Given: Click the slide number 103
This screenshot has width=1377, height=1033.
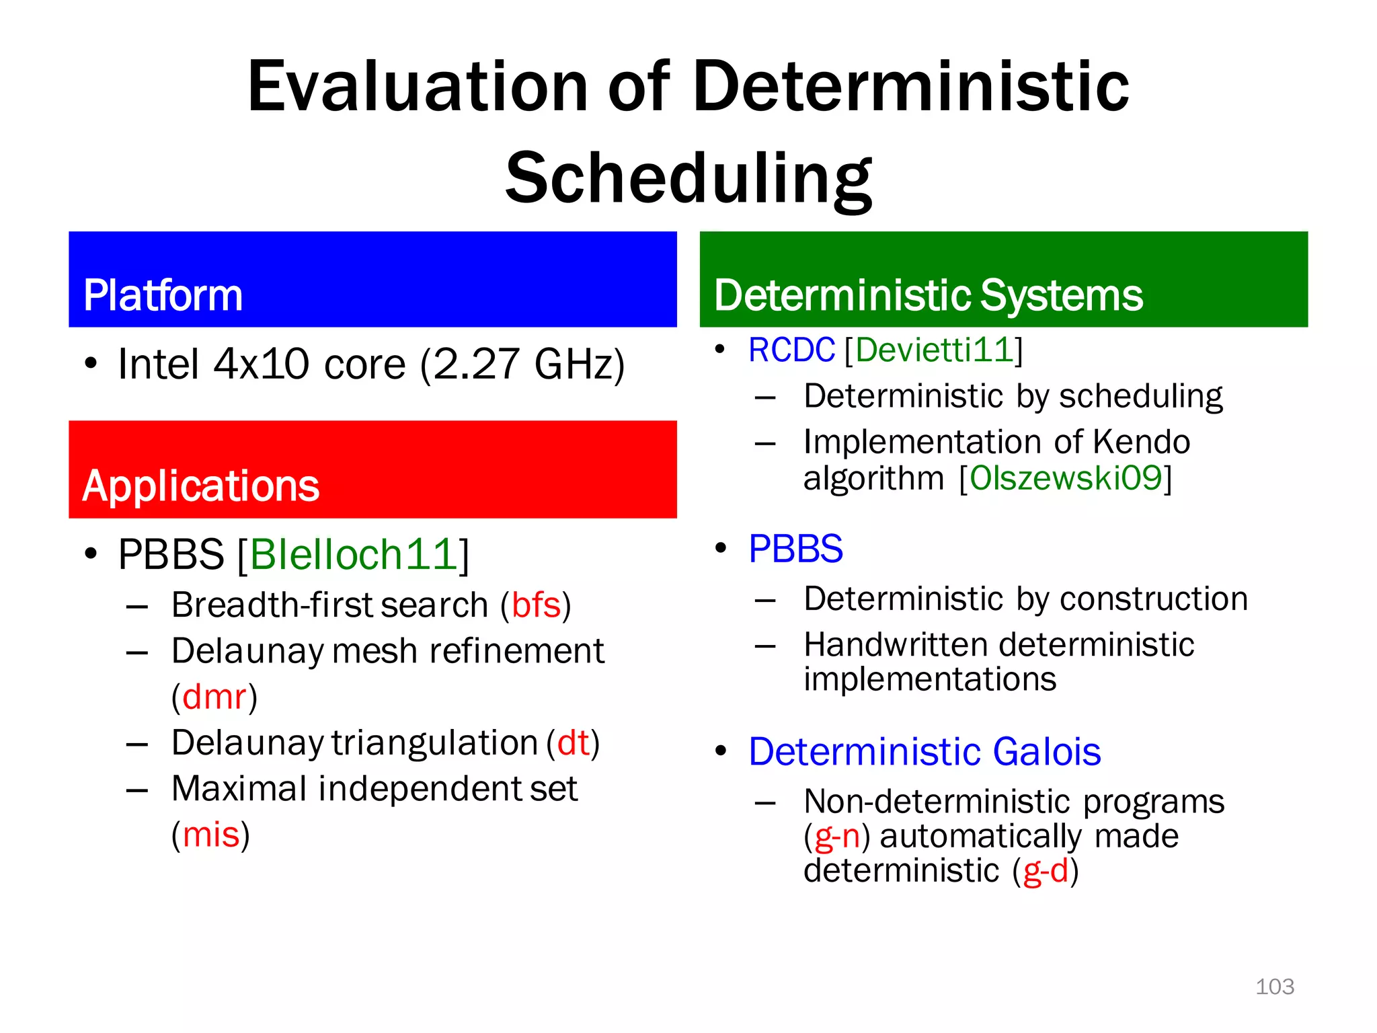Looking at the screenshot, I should (x=1274, y=987).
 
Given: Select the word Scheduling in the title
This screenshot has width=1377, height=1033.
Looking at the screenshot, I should (x=688, y=178).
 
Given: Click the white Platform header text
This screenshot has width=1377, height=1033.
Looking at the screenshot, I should (x=163, y=295).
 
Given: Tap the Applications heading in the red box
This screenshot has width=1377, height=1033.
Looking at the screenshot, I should (x=200, y=486).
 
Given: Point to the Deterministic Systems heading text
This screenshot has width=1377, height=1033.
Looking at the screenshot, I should (x=928, y=295).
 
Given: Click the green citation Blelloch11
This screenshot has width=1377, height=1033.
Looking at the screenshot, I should (x=354, y=555).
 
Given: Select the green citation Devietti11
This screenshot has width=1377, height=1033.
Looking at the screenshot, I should (x=934, y=350).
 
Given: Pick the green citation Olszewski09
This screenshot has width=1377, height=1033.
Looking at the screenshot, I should (x=1066, y=478).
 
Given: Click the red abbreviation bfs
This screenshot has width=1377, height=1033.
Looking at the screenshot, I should (x=536, y=605).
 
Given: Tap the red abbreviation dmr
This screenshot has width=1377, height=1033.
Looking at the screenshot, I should (x=214, y=697).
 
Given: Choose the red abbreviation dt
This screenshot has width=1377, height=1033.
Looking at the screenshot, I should (x=573, y=743).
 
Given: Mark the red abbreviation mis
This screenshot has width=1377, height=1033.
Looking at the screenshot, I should (x=211, y=835).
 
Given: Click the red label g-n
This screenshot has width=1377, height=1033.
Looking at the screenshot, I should (x=837, y=837).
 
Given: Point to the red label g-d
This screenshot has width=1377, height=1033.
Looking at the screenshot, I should (x=1046, y=872).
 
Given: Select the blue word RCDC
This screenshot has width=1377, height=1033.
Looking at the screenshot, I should (x=791, y=350).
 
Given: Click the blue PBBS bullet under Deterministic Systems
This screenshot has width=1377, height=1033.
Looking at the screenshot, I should (x=795, y=549).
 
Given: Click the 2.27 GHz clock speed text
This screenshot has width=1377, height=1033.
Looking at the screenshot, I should (x=521, y=365).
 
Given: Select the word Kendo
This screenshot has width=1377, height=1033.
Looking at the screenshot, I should (x=1141, y=443).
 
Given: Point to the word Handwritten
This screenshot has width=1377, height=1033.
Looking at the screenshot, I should (x=886, y=645).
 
